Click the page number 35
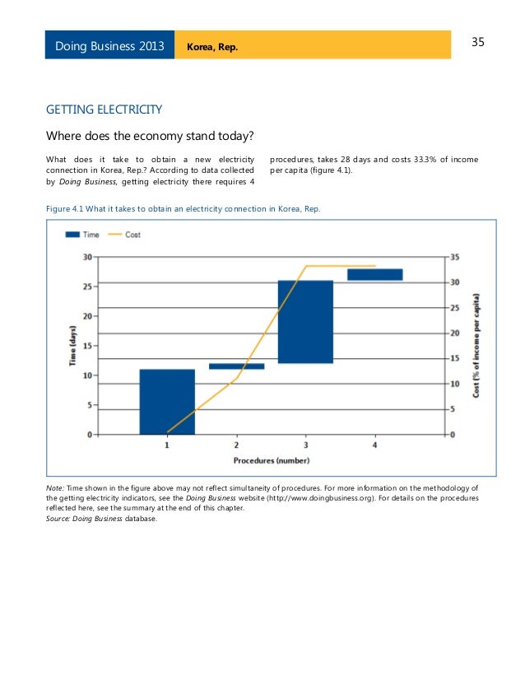click(479, 42)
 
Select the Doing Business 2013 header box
click(109, 45)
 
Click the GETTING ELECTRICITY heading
click(104, 109)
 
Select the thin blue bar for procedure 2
click(236, 366)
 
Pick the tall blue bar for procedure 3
click(305, 322)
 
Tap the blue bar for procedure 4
click(374, 275)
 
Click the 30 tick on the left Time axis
click(86, 257)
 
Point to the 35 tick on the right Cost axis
click(456, 257)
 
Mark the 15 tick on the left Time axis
click(86, 346)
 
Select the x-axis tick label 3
click(305, 445)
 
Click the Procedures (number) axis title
click(271, 460)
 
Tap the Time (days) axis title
click(72, 346)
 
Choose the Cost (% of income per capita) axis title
click(477, 346)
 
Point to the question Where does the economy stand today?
click(149, 136)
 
